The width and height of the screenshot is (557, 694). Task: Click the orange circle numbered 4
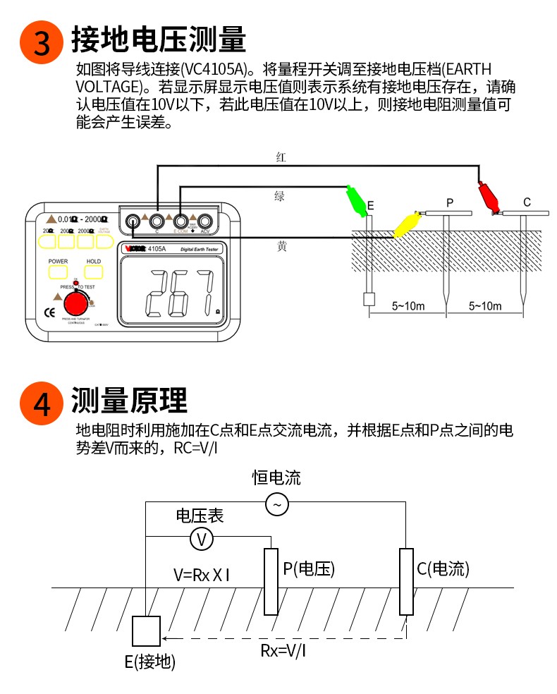42,403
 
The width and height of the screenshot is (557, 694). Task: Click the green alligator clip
357,202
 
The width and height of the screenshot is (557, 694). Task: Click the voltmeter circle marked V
202,540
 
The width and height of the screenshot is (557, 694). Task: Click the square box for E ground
147,632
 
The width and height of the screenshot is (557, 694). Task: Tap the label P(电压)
309,569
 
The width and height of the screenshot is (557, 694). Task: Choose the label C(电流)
443,569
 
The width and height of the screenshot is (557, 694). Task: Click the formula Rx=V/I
283,650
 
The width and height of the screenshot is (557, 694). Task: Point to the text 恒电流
276,477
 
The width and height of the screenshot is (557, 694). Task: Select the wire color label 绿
280,196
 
